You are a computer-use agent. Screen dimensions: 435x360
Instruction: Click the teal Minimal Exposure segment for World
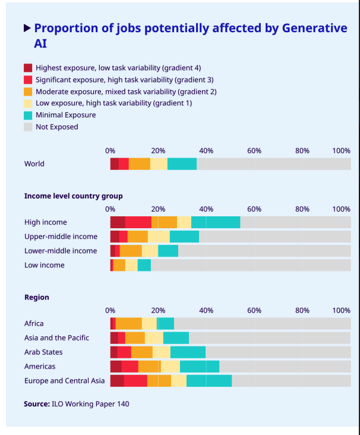(182, 164)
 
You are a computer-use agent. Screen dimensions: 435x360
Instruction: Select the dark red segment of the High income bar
(118, 222)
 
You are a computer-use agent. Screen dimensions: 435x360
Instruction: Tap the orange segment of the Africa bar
(128, 323)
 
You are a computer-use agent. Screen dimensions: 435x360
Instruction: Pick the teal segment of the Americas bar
(199, 367)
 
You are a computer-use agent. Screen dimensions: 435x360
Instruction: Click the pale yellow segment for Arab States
(161, 352)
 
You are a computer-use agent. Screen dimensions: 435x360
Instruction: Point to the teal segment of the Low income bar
(144, 265)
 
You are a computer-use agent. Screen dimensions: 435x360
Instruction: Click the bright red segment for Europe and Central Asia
(135, 381)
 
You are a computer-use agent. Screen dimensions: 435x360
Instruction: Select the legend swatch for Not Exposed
(28, 127)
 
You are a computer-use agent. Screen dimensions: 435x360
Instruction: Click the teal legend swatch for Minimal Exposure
(28, 115)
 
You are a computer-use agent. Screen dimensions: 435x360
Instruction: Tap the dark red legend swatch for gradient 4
(28, 68)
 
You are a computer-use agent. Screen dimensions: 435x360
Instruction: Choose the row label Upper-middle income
(61, 237)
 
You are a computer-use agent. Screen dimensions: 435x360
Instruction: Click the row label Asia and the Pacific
(56, 338)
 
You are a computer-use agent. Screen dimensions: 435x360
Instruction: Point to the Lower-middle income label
(60, 251)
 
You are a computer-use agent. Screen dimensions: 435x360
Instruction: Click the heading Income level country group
(73, 196)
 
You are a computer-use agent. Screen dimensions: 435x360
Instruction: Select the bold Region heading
(37, 297)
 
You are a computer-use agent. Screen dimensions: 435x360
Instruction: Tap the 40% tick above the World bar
(206, 150)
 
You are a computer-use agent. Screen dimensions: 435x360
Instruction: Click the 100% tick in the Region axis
(342, 310)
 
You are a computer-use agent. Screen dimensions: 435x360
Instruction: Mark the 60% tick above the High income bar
(254, 209)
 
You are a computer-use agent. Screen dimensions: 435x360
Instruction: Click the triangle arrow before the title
(27, 28)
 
